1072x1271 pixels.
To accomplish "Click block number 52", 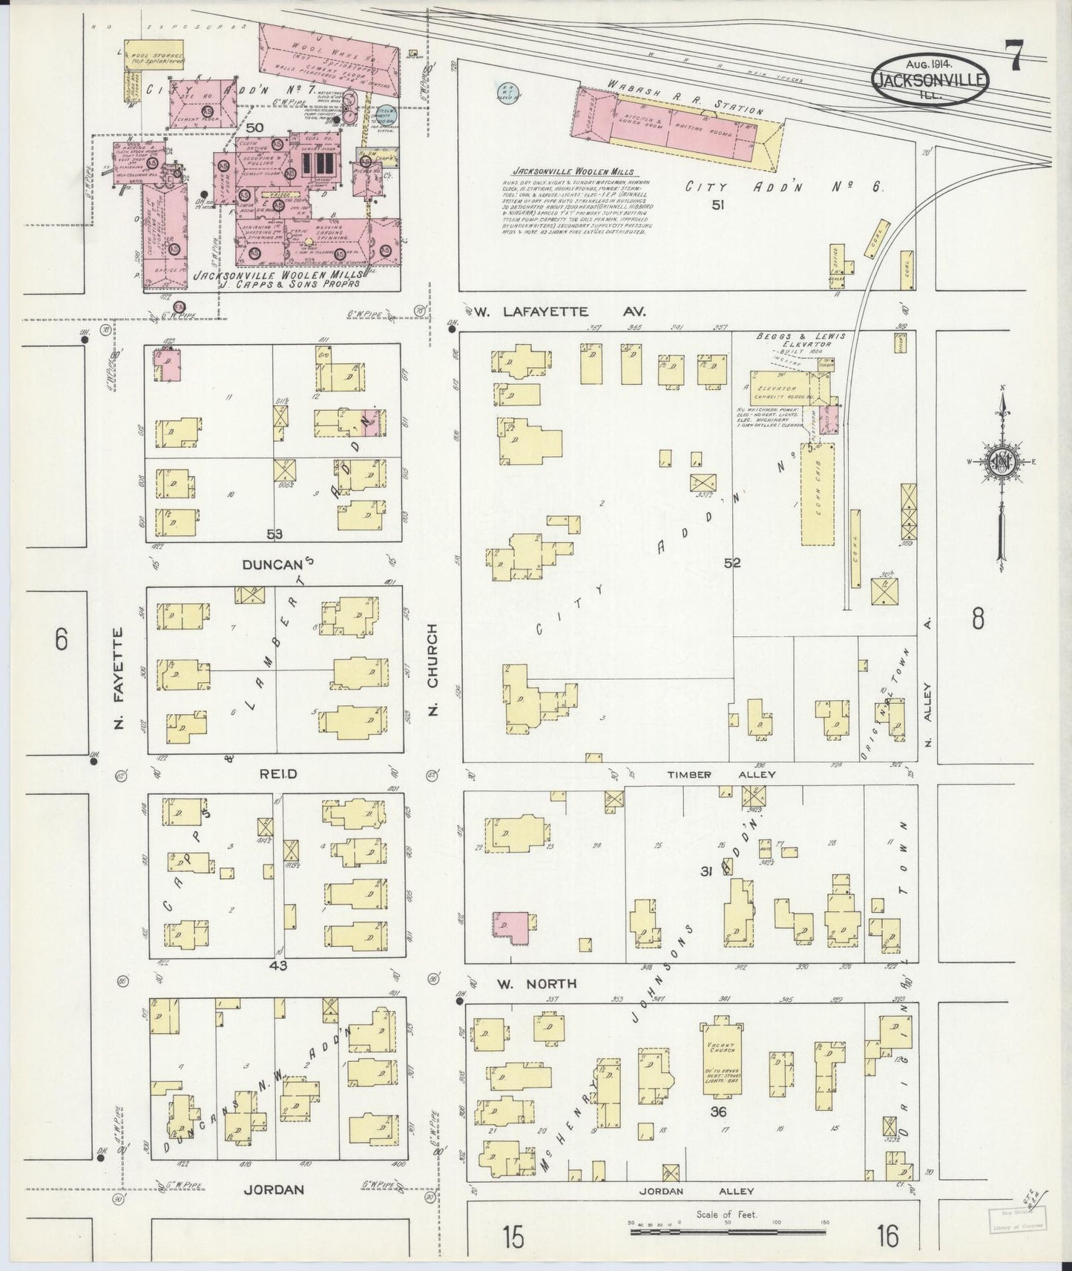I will [732, 563].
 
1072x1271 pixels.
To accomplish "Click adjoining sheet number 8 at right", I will [978, 618].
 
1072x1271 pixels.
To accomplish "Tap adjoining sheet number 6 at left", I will [61, 638].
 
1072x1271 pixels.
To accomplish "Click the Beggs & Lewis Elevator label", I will [801, 340].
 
